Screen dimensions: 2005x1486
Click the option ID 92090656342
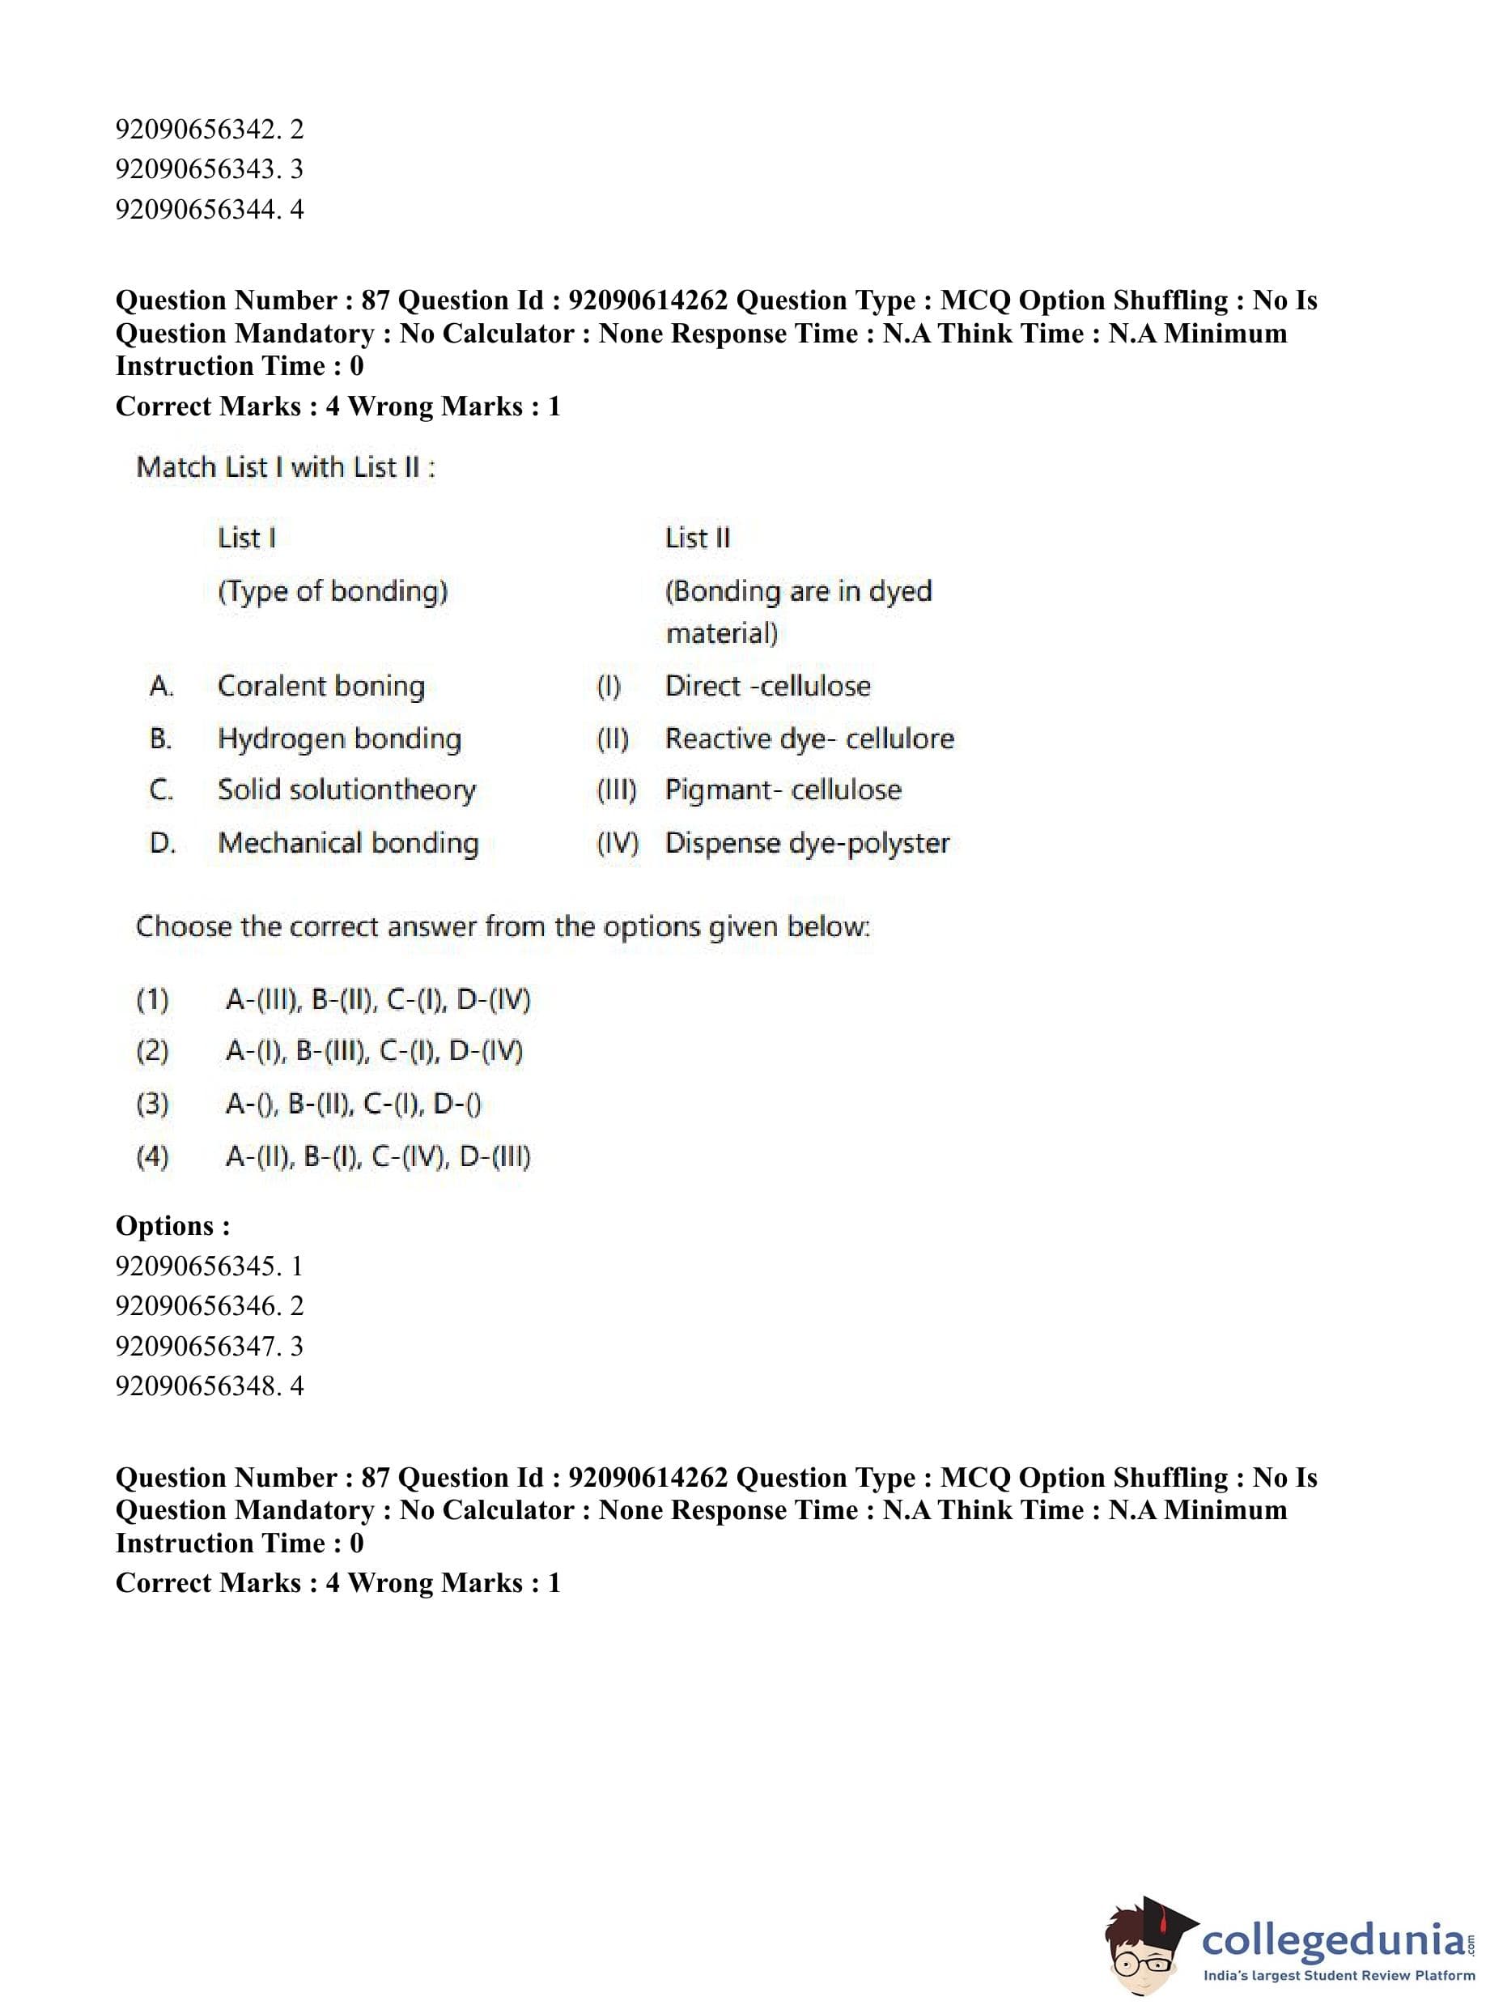point(198,130)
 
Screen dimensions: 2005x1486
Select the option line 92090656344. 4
point(209,210)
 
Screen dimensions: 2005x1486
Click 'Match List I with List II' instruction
point(285,467)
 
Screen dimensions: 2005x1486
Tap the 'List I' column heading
point(247,538)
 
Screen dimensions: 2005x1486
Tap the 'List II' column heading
point(697,538)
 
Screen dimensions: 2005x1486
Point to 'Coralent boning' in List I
point(321,686)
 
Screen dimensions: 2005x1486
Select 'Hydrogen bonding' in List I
point(339,739)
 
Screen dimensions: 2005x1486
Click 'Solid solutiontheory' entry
point(346,790)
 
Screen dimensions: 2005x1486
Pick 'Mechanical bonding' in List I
point(348,843)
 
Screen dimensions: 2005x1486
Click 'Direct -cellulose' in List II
point(767,686)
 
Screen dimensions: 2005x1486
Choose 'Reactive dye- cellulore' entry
point(809,739)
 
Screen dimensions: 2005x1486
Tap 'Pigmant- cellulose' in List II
point(783,790)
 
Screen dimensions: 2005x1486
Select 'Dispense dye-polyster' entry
point(807,843)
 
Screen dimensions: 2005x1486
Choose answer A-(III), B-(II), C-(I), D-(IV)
point(378,1000)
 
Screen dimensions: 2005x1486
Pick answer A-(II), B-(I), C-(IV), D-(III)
point(378,1156)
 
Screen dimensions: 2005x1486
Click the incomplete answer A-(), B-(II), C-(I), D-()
point(353,1105)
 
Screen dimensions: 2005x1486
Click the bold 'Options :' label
point(172,1226)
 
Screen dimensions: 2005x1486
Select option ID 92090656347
point(198,1347)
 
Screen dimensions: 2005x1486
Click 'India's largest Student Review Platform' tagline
point(1339,1976)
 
